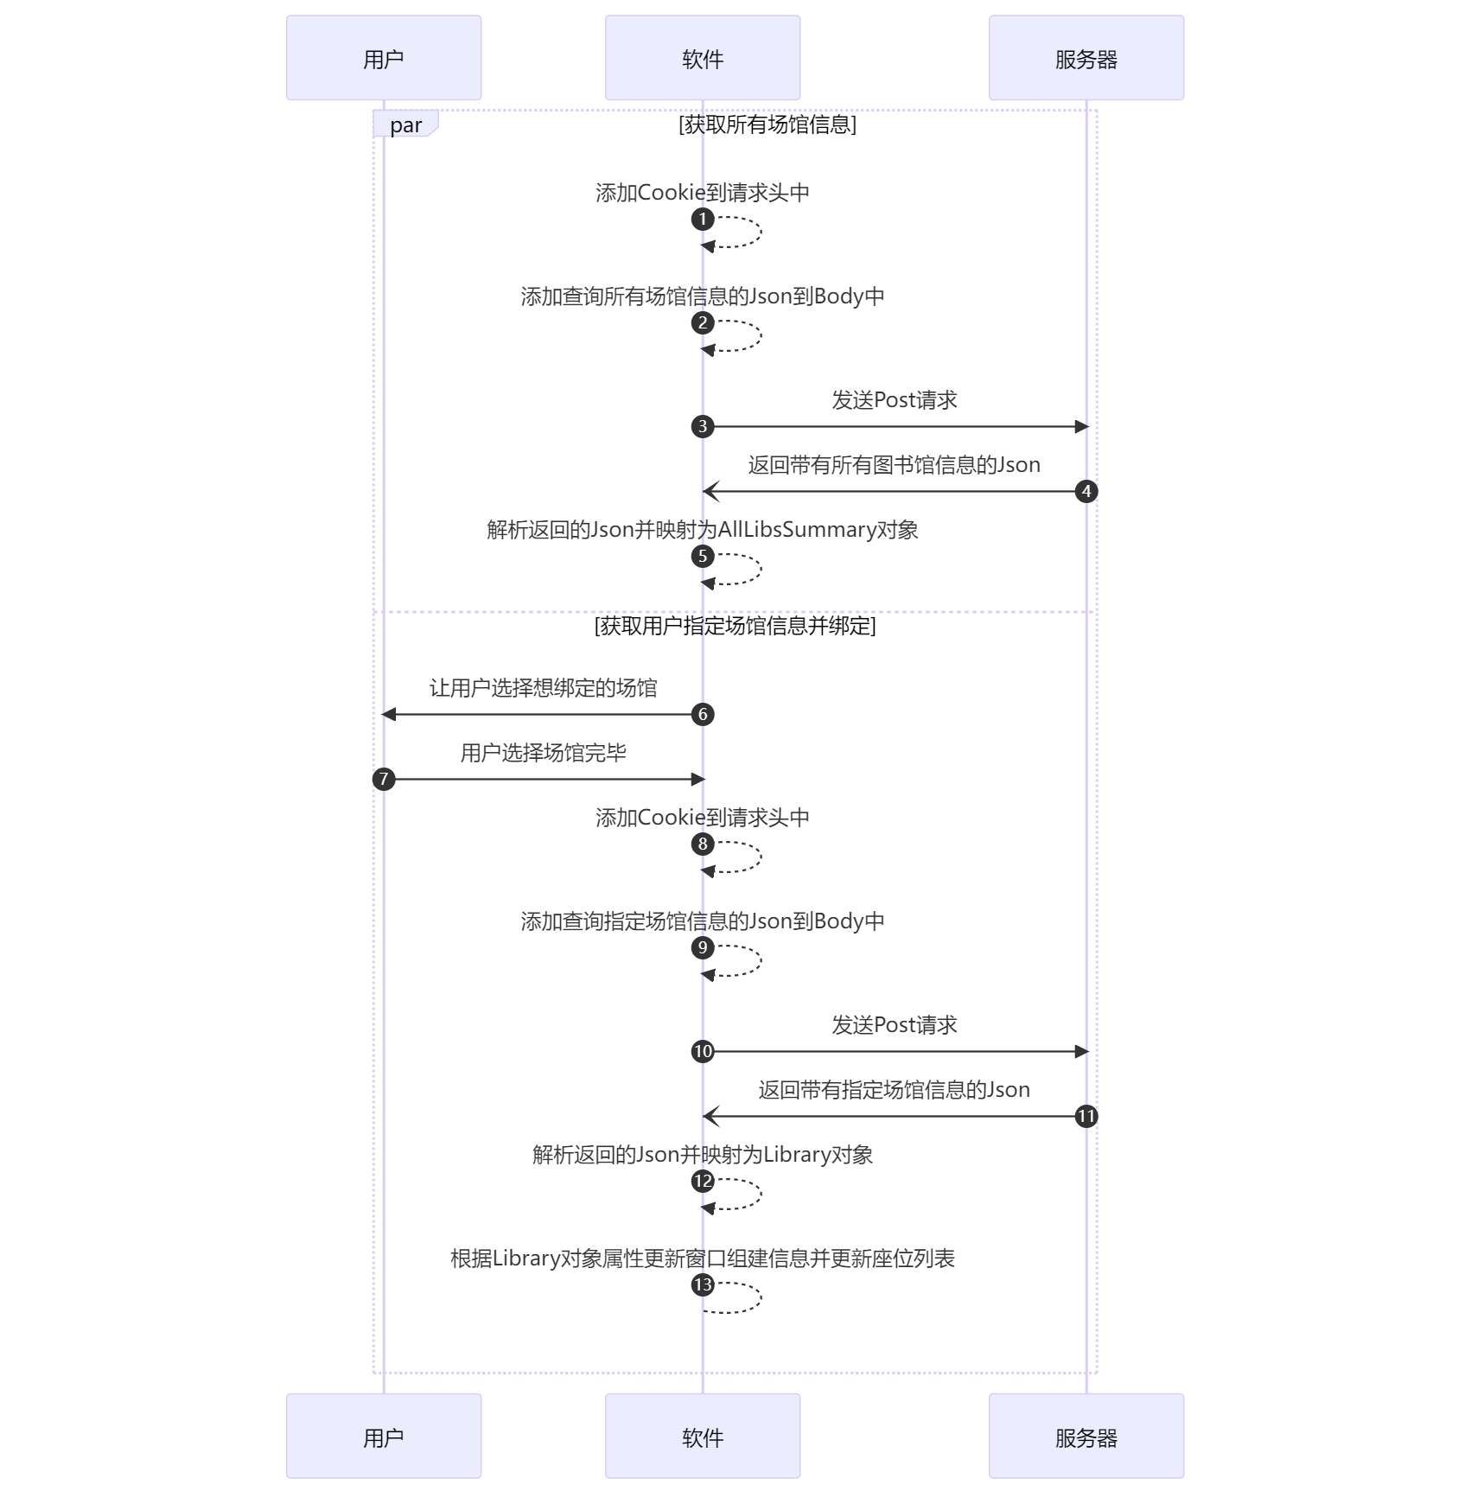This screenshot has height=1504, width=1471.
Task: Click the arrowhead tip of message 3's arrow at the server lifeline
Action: coord(1088,426)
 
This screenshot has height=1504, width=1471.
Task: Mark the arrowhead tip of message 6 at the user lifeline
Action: coord(382,714)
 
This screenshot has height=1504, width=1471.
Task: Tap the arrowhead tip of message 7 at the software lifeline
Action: coord(705,779)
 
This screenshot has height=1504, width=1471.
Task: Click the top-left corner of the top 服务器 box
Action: coord(990,16)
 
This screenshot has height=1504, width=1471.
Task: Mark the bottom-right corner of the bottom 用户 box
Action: coord(481,1477)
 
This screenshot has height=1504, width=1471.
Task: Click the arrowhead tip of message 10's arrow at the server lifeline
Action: coord(1088,1051)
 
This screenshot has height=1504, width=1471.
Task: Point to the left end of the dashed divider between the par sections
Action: coord(373,612)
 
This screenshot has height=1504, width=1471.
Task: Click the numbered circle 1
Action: coord(703,219)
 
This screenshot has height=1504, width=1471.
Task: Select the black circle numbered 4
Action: coord(1086,491)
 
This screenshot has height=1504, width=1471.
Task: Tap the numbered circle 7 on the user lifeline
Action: coord(384,779)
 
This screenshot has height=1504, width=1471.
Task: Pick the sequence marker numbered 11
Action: coord(1086,1116)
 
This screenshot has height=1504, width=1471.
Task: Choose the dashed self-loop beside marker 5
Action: coord(761,569)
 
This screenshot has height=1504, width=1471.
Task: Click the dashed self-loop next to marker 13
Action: coord(761,1297)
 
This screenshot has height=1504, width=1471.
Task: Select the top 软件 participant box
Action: coord(703,58)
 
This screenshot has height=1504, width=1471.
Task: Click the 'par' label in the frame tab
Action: coord(405,125)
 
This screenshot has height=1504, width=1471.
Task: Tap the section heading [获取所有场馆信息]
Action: coord(767,124)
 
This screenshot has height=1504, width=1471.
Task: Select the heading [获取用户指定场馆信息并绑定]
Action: coord(735,625)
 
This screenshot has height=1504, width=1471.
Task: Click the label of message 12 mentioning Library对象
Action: coord(703,1154)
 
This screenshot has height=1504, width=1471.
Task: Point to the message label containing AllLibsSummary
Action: coord(703,529)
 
